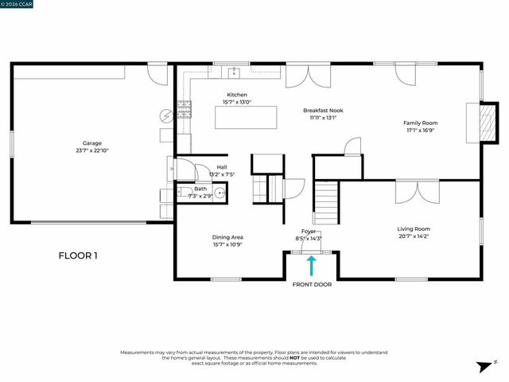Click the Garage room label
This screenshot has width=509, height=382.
click(92, 143)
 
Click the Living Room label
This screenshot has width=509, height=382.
click(414, 229)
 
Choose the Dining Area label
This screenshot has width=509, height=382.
click(227, 237)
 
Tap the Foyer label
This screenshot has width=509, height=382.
click(308, 231)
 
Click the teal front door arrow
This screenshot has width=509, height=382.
click(311, 265)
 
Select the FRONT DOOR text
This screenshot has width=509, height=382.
click(311, 284)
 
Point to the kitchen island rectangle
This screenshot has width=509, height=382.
click(246, 118)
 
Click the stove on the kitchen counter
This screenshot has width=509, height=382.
click(184, 108)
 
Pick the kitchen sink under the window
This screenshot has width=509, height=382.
click(235, 75)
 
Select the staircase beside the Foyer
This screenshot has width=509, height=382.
click(326, 202)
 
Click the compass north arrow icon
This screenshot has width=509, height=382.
click(483, 367)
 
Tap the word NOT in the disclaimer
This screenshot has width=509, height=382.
click(294, 357)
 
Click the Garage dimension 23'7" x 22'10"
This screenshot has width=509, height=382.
click(92, 150)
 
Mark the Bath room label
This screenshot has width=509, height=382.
click(200, 189)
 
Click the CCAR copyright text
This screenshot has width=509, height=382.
click(18, 4)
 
